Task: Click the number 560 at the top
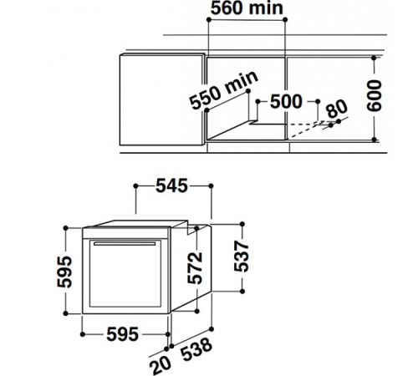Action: (x=227, y=9)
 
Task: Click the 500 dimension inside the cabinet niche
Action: (x=286, y=101)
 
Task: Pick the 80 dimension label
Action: (x=337, y=109)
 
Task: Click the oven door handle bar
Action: (x=127, y=244)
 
